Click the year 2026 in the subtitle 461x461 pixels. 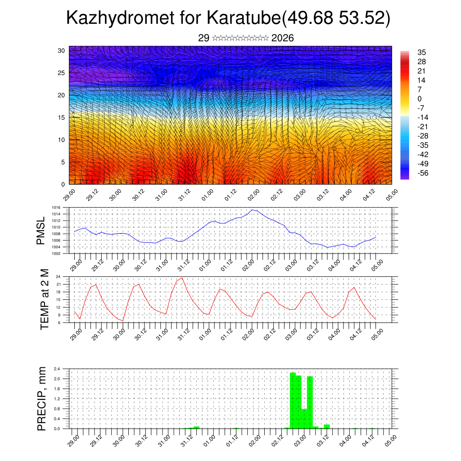click(x=283, y=38)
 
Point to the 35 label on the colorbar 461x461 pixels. click(x=422, y=52)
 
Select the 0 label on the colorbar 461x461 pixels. click(x=420, y=99)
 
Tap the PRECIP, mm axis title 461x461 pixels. click(x=42, y=398)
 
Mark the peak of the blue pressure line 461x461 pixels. click(x=253, y=210)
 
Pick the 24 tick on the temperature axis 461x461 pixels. click(x=59, y=276)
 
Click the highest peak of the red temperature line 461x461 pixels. click(x=182, y=278)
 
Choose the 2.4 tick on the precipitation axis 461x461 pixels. click(x=57, y=369)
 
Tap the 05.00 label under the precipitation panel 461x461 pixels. click(x=389, y=440)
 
